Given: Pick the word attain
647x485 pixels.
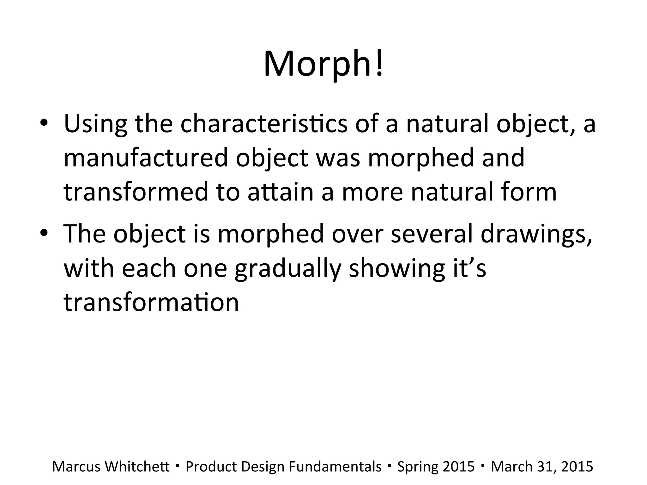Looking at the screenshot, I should point(280,192).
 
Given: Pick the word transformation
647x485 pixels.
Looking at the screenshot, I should point(151,302).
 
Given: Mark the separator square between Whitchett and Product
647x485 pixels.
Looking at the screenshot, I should point(178,465).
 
